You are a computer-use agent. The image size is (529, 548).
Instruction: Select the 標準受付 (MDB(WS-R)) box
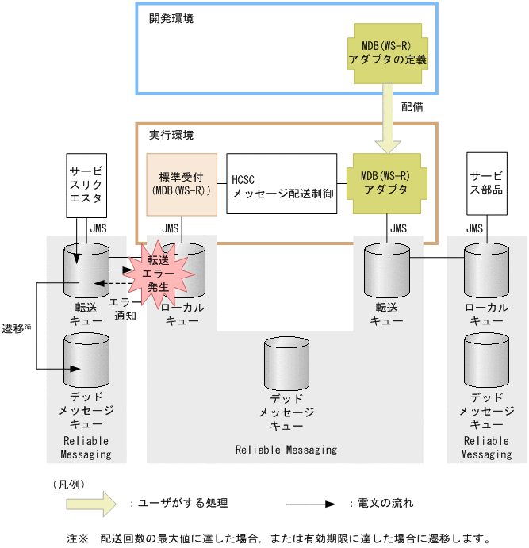point(182,183)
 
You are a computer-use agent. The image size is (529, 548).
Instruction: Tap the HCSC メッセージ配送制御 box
point(281,183)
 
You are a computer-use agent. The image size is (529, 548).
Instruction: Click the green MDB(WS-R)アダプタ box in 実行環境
point(388,183)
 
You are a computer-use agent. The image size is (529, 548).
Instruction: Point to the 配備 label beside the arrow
point(413,106)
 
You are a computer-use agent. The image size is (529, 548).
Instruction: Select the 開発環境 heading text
point(171,17)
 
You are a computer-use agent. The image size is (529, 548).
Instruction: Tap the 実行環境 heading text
point(171,135)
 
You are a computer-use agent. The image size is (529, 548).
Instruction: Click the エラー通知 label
point(125,308)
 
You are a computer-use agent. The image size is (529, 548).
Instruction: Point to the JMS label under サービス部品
point(474,228)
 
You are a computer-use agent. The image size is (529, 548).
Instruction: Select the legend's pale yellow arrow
point(79,503)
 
